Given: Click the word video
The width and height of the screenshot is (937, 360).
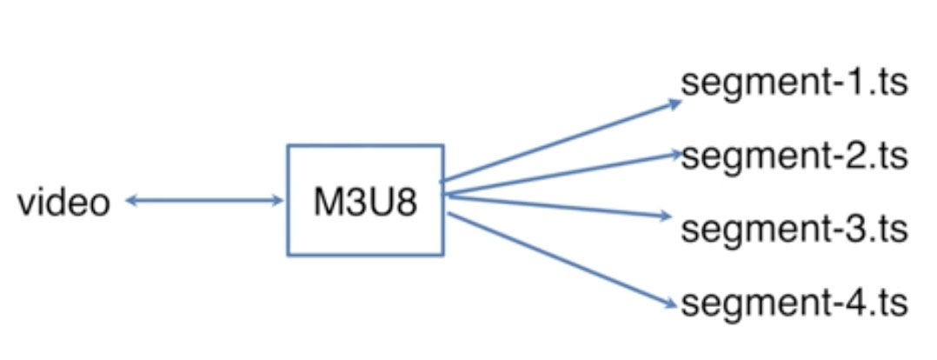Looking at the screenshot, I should pyautogui.click(x=64, y=203).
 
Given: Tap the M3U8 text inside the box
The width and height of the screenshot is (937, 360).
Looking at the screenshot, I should pyautogui.click(x=365, y=203).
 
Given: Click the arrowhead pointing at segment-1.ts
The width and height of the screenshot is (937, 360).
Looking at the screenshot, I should pyautogui.click(x=676, y=103).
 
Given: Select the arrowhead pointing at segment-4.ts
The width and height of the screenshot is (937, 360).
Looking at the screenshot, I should pyautogui.click(x=670, y=303).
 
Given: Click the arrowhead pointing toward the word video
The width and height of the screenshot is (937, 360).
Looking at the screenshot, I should pyautogui.click(x=130, y=202).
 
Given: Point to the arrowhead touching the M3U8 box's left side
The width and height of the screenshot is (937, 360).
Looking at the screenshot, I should pyautogui.click(x=279, y=202).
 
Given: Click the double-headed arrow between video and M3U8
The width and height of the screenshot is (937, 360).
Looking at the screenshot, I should pyautogui.click(x=204, y=202).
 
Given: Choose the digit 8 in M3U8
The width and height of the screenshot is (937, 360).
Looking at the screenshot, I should pyautogui.click(x=405, y=203).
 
